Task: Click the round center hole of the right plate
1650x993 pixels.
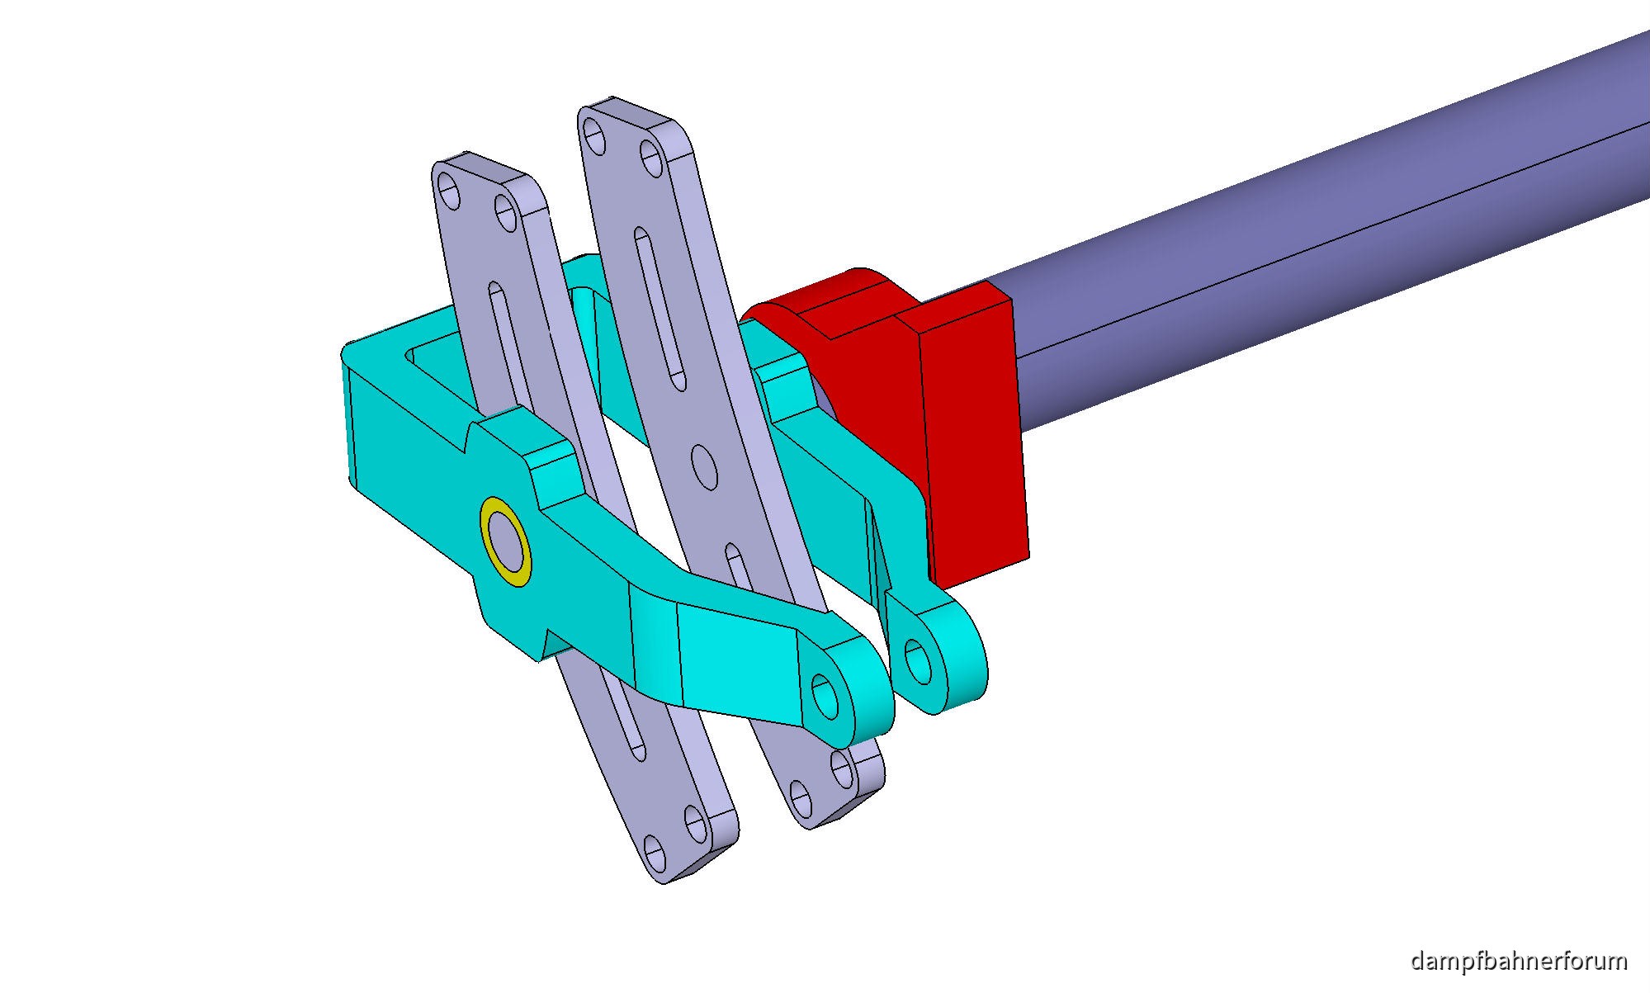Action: [704, 467]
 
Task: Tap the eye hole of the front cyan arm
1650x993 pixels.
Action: [825, 695]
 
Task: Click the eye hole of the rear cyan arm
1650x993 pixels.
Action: [918, 660]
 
